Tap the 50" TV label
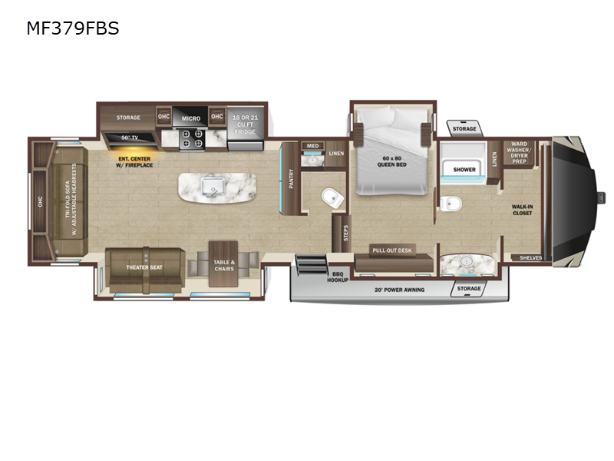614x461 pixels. point(129,138)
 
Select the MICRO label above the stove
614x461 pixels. point(191,118)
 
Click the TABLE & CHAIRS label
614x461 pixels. point(224,266)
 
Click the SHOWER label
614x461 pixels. point(464,169)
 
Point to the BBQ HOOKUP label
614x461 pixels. point(338,277)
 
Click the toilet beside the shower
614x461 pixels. point(451,204)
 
